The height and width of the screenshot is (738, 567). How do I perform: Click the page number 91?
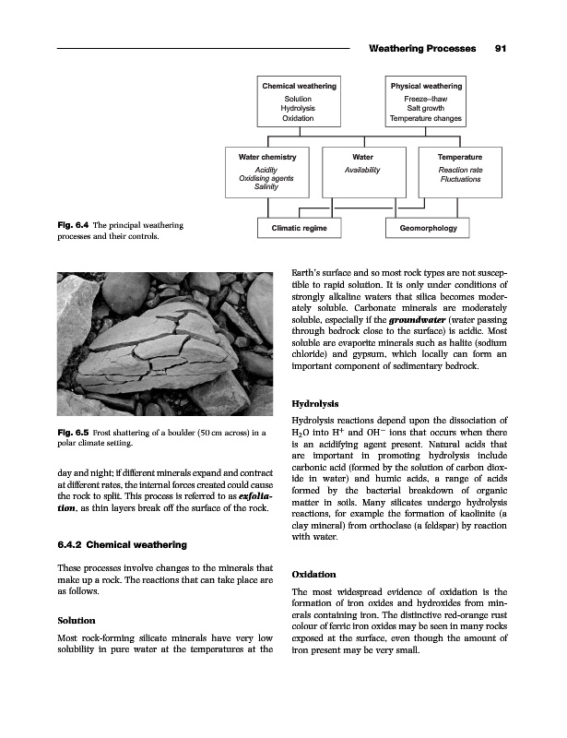[501, 48]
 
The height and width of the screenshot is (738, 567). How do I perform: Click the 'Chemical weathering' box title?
[298, 87]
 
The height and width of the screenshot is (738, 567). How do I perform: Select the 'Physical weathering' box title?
[426, 87]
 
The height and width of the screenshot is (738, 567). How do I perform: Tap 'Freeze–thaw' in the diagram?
[426, 98]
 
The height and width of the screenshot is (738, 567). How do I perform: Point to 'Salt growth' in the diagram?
[426, 108]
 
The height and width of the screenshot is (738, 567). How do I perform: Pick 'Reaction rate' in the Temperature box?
[460, 170]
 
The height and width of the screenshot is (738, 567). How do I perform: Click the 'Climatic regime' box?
[290, 228]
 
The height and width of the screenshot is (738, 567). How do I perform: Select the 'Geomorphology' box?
[427, 228]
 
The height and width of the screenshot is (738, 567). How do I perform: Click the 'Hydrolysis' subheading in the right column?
[315, 403]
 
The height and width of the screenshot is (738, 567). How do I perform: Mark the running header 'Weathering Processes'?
[421, 48]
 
